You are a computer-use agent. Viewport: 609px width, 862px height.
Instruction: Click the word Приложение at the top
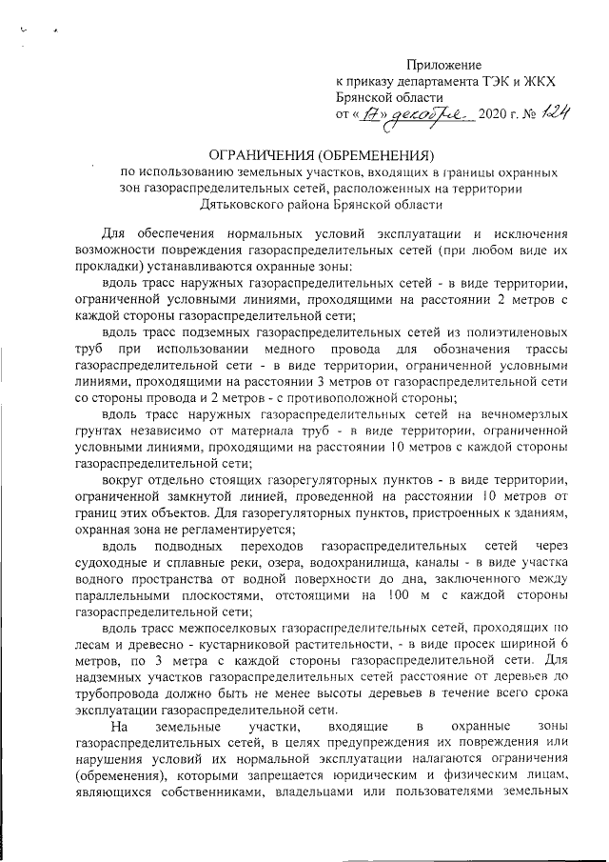(445, 65)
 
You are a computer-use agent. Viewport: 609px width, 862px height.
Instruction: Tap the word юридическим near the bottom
(432, 777)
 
